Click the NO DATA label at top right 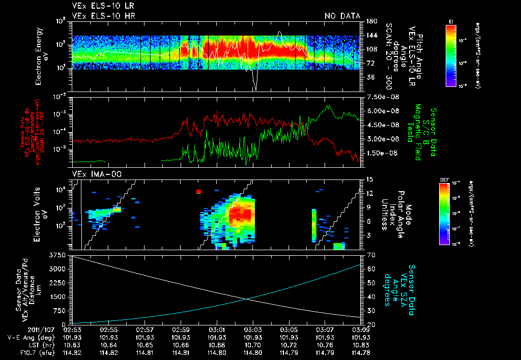(x=342, y=16)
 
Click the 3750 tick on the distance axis (x=59, y=254)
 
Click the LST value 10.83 (x=361, y=345)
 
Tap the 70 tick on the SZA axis (x=366, y=254)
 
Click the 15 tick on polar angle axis (x=366, y=179)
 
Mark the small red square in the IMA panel (x=199, y=192)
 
